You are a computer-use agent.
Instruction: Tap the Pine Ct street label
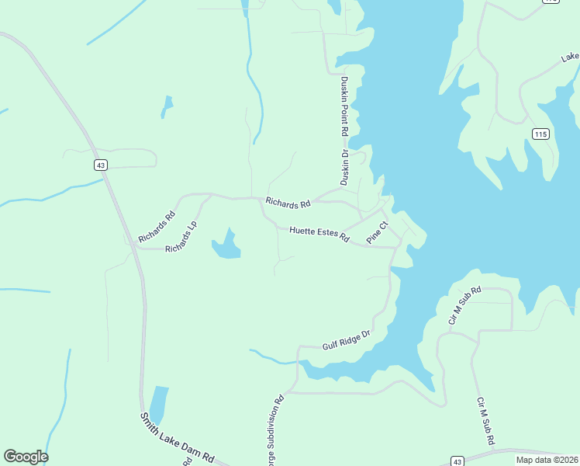(x=377, y=233)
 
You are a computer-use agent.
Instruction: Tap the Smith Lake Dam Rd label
(x=176, y=439)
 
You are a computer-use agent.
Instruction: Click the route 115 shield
(x=541, y=134)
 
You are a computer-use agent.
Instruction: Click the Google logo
(x=26, y=456)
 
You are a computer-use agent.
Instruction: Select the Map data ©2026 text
(x=547, y=460)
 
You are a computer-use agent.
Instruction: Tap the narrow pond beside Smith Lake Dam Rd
(x=158, y=404)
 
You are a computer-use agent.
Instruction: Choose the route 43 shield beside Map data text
(x=457, y=461)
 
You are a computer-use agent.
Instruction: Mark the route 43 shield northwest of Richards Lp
(x=100, y=165)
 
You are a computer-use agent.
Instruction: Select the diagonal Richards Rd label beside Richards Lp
(x=157, y=226)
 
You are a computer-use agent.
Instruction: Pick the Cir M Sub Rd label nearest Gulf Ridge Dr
(x=465, y=304)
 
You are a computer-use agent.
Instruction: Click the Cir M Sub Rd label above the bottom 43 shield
(x=486, y=421)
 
